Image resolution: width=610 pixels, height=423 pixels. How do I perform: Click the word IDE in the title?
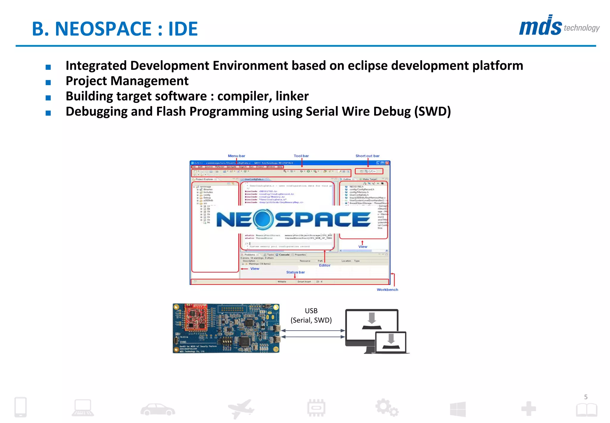183,29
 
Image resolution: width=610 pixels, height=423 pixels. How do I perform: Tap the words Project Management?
127,81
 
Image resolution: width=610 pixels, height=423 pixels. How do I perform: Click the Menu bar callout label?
236,156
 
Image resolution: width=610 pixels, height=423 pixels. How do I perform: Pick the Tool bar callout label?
301,156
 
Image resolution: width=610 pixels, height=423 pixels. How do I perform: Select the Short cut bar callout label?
367,156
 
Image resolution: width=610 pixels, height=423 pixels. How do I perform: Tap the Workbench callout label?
387,289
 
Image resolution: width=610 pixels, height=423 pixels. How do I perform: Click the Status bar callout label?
295,272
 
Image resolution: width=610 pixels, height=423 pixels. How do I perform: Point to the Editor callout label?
325,265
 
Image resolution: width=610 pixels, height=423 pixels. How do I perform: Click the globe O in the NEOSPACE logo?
263,219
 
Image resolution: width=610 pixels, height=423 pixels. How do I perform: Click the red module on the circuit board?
196,317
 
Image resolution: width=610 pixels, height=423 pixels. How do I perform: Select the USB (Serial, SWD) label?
311,315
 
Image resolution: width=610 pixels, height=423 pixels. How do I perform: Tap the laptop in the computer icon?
391,342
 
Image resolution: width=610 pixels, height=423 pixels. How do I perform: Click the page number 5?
586,397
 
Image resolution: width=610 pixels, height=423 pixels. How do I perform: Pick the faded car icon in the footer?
158,409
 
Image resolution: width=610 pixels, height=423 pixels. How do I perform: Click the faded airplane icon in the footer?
241,409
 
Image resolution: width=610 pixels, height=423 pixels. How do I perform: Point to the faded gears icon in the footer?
387,407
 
